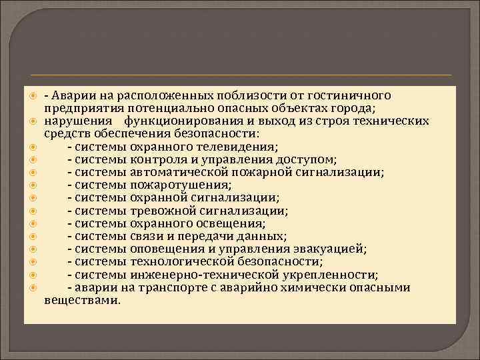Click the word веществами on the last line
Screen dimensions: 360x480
click(82, 300)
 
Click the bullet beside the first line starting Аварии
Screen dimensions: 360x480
click(33, 95)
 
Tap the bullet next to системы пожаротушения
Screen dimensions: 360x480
click(33, 185)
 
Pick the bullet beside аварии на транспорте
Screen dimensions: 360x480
click(33, 287)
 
